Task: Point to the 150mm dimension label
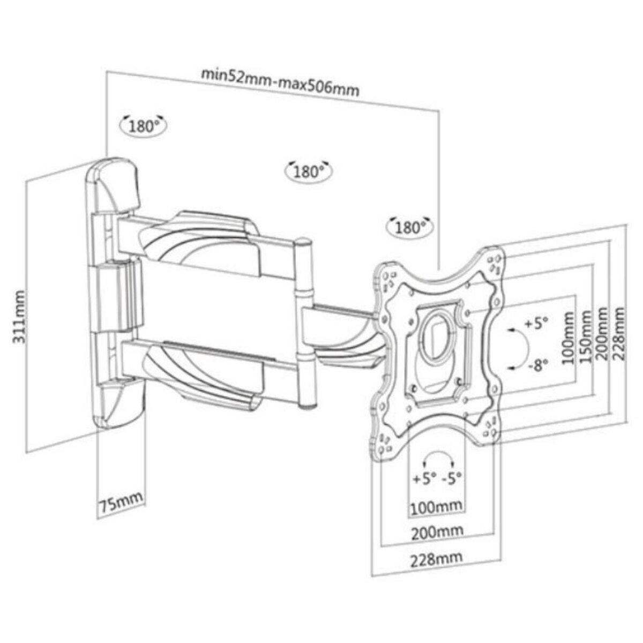pyautogui.click(x=587, y=336)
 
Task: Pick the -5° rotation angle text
pyautogui.click(x=452, y=478)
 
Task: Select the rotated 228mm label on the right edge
pyautogui.click(x=620, y=333)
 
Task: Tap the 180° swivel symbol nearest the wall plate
pyautogui.click(x=143, y=126)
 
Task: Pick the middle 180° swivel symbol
pyautogui.click(x=308, y=171)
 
